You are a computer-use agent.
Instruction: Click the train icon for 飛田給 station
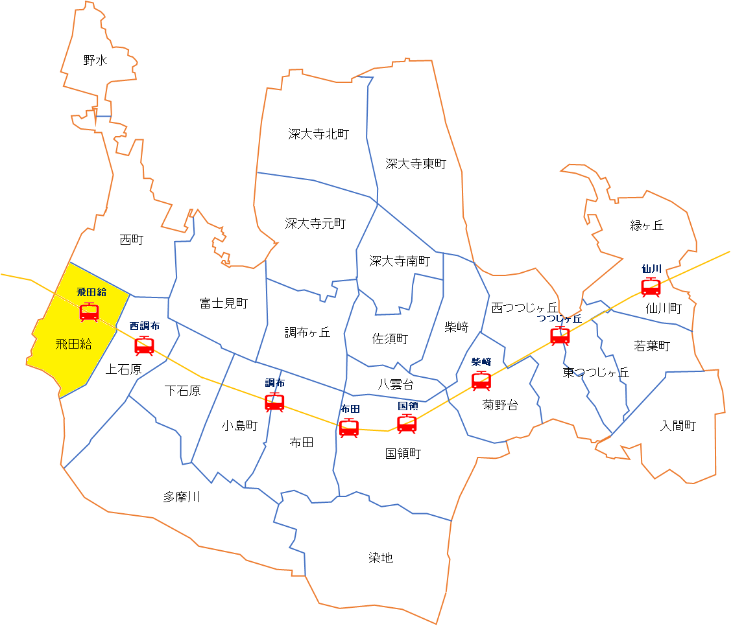89,312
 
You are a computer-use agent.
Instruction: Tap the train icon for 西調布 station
144,346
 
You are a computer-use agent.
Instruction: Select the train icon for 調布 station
274,402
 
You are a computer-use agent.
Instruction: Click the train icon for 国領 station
407,424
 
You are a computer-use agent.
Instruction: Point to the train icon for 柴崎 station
481,381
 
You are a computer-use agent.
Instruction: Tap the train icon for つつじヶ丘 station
560,336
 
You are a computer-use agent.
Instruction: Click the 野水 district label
95,61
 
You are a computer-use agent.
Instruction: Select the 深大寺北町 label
318,134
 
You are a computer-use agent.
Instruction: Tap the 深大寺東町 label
416,164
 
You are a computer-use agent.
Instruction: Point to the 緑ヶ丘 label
647,226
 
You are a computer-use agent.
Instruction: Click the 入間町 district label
678,426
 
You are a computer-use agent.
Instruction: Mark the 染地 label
381,558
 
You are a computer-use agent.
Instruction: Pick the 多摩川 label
182,497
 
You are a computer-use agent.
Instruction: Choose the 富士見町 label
224,303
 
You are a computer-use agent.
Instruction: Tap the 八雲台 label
396,384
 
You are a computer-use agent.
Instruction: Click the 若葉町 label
651,345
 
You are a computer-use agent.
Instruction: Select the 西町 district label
132,240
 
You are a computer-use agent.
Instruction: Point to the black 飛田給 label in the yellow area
73,344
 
